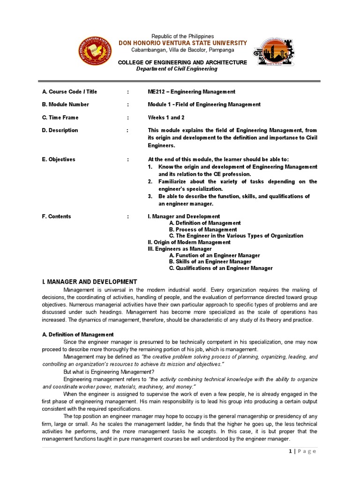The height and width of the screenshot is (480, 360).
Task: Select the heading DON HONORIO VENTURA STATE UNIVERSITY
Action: (x=183, y=43)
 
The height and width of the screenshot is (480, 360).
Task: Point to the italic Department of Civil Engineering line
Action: (x=177, y=69)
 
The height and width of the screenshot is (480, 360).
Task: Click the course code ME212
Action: (x=157, y=92)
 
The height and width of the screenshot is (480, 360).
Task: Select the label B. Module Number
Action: (x=66, y=105)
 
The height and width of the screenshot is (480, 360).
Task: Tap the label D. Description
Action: (x=60, y=130)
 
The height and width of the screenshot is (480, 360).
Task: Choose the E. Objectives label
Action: (x=59, y=159)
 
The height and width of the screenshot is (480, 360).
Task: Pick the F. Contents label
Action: (x=57, y=217)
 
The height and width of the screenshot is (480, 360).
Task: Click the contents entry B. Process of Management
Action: (x=203, y=230)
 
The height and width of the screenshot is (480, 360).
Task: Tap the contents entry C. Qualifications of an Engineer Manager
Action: (x=221, y=268)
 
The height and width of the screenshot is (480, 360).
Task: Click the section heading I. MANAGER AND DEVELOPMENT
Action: (x=90, y=282)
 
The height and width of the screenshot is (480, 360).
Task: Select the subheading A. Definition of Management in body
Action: (x=78, y=335)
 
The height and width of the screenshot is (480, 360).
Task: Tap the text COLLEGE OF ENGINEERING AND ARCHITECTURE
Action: (x=182, y=62)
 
